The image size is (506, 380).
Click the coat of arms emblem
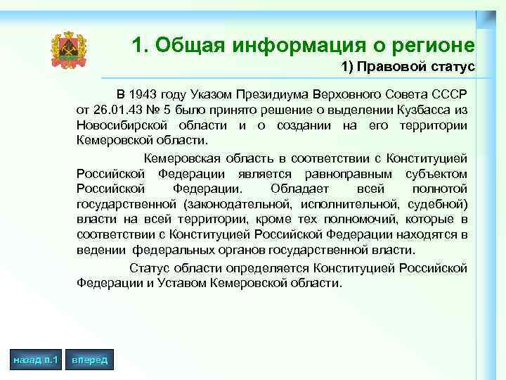coord(68,49)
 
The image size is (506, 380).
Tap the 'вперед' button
coord(89,360)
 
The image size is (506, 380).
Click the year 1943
coord(145,94)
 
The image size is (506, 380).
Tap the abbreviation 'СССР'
coord(451,94)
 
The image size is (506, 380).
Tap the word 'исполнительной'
coord(347,204)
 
